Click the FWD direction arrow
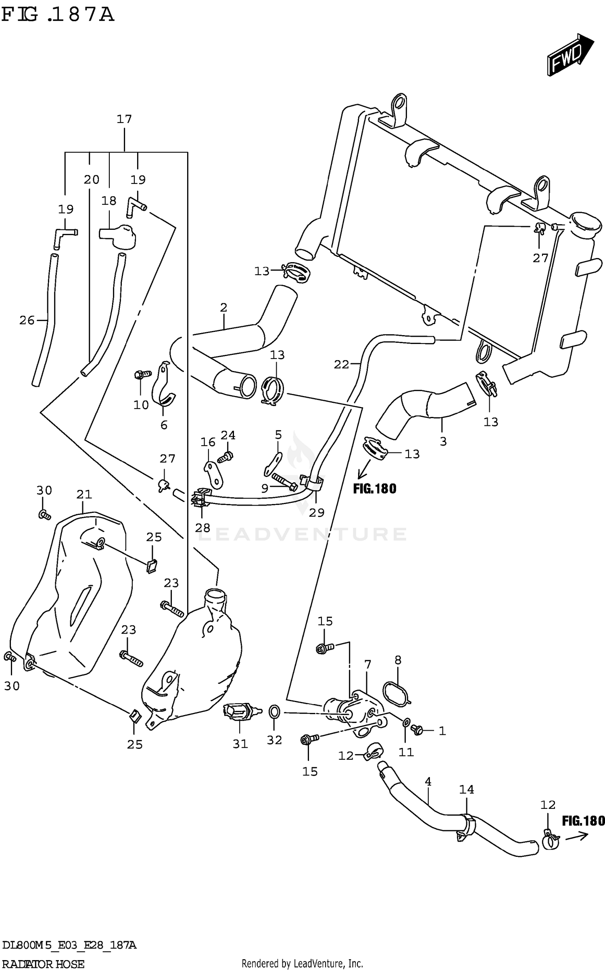coord(570,55)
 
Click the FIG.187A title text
coord(58,15)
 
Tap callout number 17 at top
coord(124,119)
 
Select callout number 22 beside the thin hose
coord(341,365)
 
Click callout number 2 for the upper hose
coord(224,308)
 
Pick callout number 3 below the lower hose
coord(443,442)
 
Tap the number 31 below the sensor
coord(240,744)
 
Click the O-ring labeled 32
coord(274,712)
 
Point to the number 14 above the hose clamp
coord(467,790)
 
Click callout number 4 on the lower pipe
coord(428,781)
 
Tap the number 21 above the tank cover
coord(84,494)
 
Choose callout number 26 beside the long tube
coord(27,321)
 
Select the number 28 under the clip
coord(202,528)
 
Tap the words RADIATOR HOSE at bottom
coord(43,964)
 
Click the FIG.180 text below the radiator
coord(375,489)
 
